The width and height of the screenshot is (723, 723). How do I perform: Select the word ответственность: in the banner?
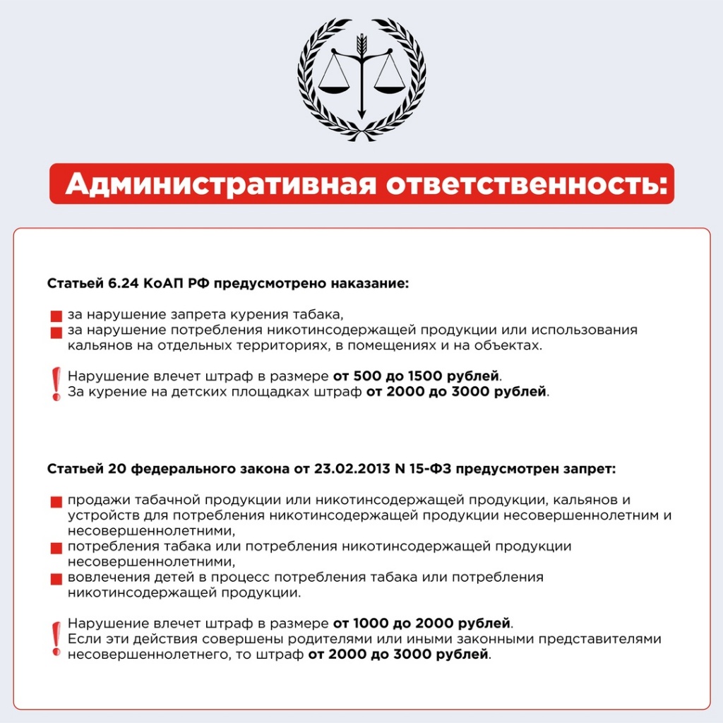point(526,184)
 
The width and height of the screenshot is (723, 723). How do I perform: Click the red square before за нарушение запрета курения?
point(56,316)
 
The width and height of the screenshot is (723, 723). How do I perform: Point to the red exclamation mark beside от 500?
point(56,383)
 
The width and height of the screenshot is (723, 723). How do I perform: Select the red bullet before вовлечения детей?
point(56,579)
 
